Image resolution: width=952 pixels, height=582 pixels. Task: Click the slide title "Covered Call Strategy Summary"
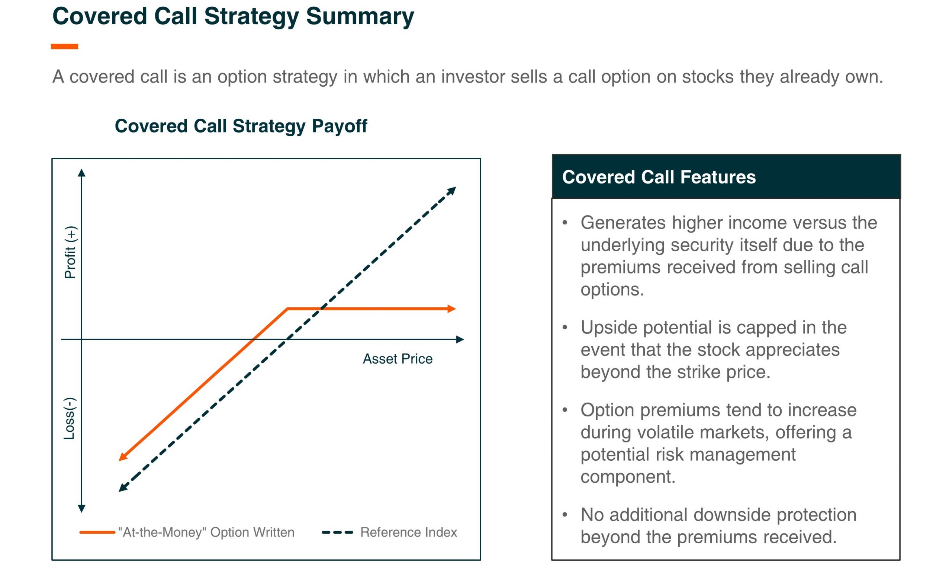tap(233, 17)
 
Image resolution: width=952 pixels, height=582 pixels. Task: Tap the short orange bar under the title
tap(65, 47)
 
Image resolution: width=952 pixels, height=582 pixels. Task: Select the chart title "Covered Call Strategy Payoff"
tap(241, 126)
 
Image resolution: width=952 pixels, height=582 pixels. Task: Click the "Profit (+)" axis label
tap(71, 252)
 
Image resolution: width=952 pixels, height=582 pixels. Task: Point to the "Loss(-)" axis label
tap(70, 418)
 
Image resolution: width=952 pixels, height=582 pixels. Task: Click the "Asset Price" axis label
tap(398, 359)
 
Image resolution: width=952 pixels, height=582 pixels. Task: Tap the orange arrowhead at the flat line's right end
tap(452, 308)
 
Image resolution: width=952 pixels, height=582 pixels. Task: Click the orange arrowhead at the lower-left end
tap(123, 457)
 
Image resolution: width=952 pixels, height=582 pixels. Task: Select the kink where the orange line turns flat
tap(287, 308)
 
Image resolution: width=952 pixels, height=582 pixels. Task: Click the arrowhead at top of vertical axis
tap(81, 172)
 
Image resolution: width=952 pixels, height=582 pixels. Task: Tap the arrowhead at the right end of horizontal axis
tap(460, 339)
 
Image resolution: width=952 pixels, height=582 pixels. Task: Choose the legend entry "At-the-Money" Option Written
tap(187, 533)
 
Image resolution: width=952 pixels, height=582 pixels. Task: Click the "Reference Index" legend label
tap(409, 533)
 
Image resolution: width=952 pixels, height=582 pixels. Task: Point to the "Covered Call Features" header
tap(659, 177)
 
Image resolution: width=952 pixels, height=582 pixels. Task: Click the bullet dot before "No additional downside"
tap(565, 514)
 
